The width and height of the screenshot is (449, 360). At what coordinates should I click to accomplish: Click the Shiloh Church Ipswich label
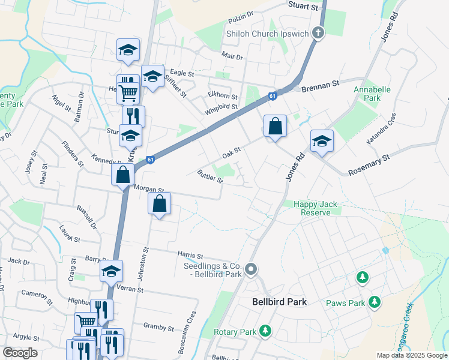(x=267, y=34)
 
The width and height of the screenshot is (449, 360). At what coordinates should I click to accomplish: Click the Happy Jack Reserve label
(x=312, y=208)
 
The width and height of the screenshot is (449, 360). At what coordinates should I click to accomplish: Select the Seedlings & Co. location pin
(x=252, y=269)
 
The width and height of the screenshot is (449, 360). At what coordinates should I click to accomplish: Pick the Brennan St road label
(x=321, y=88)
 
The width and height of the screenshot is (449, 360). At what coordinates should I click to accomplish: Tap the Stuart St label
(x=303, y=7)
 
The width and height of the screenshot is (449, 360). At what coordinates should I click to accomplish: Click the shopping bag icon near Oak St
(x=275, y=127)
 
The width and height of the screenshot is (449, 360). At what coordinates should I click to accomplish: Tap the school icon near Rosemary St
(x=322, y=142)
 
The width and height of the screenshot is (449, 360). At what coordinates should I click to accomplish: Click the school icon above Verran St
(x=111, y=272)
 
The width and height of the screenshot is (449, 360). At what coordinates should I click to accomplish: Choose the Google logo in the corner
(x=20, y=353)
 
